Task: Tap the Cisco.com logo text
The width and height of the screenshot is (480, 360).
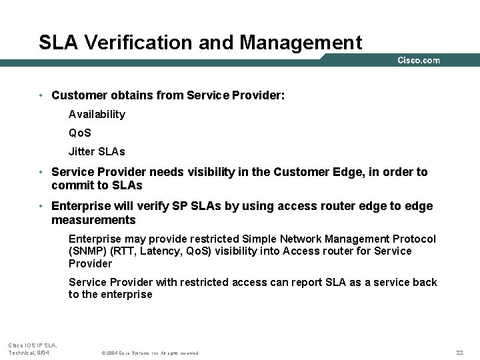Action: point(419,61)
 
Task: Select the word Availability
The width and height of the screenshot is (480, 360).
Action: point(97,114)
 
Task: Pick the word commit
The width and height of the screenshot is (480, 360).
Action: point(70,185)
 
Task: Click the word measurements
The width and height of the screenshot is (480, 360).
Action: point(93,220)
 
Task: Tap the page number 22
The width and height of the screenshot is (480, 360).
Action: point(459,353)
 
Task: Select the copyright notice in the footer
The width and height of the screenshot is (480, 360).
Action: point(149,353)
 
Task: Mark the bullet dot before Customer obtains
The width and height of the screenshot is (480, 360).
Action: point(41,95)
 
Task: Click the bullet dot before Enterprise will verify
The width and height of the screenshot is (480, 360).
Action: point(41,206)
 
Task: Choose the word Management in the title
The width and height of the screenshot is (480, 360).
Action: point(301,43)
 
